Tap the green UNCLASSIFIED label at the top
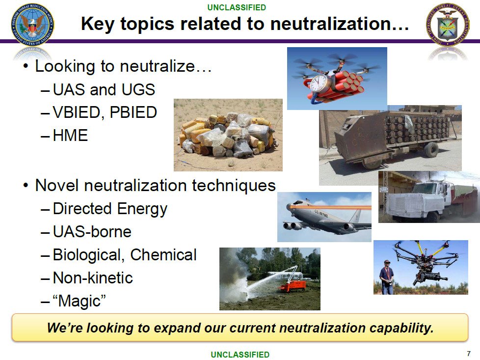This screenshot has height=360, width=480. point(237,7)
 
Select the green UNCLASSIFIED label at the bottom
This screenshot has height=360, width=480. point(240,354)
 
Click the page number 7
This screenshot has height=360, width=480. point(468,353)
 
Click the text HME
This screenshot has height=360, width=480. point(70,135)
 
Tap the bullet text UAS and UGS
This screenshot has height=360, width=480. point(104,89)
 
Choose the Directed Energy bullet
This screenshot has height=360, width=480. point(109,209)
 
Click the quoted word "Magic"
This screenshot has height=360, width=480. point(80,301)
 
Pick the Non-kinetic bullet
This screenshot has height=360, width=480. point(92,278)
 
